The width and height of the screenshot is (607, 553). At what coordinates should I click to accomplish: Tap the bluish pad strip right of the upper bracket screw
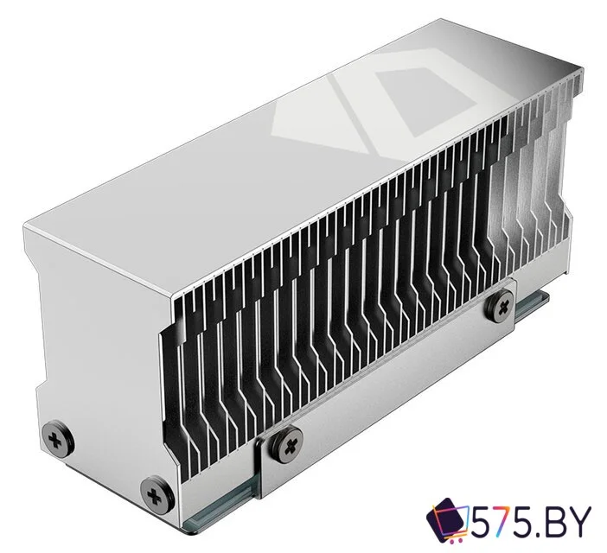pyautogui.click(x=529, y=304)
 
